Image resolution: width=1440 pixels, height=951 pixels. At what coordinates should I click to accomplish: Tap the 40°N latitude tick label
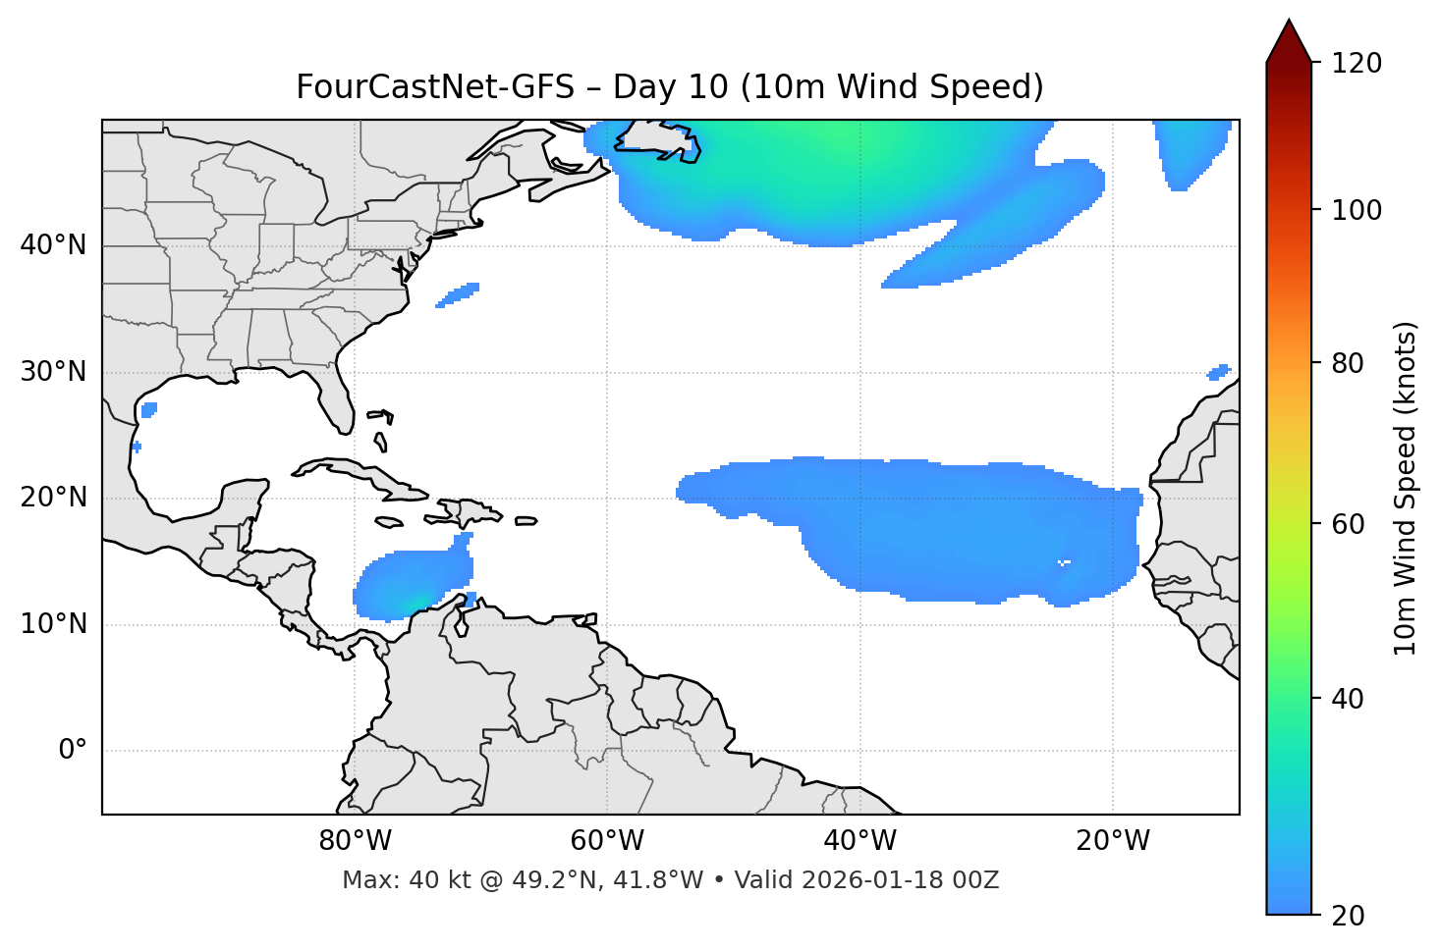(x=53, y=245)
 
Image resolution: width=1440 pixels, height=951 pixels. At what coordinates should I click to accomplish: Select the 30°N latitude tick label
(x=53, y=372)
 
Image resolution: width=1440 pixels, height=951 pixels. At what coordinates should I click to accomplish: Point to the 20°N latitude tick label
(x=53, y=498)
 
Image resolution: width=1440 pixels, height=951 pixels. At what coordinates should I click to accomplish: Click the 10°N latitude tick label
(x=53, y=624)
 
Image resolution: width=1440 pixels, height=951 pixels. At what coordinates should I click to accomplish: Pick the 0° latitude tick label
(x=73, y=751)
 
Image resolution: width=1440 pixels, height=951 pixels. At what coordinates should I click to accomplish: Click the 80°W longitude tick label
(x=355, y=841)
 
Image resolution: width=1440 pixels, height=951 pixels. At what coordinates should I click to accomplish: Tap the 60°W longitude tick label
(x=607, y=841)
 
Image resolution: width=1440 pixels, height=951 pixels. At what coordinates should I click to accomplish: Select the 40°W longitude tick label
(x=860, y=841)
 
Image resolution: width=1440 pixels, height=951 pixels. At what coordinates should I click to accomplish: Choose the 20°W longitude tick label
(x=1113, y=841)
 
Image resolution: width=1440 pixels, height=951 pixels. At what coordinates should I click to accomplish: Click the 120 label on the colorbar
(x=1357, y=64)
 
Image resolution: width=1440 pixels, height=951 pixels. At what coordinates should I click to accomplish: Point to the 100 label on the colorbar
(x=1357, y=210)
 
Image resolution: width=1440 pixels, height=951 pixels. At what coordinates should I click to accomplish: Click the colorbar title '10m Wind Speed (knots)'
(x=1406, y=488)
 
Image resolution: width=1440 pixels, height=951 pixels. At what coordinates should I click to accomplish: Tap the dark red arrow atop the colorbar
(x=1289, y=41)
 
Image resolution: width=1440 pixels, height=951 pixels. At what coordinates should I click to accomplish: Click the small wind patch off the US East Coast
(x=458, y=294)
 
